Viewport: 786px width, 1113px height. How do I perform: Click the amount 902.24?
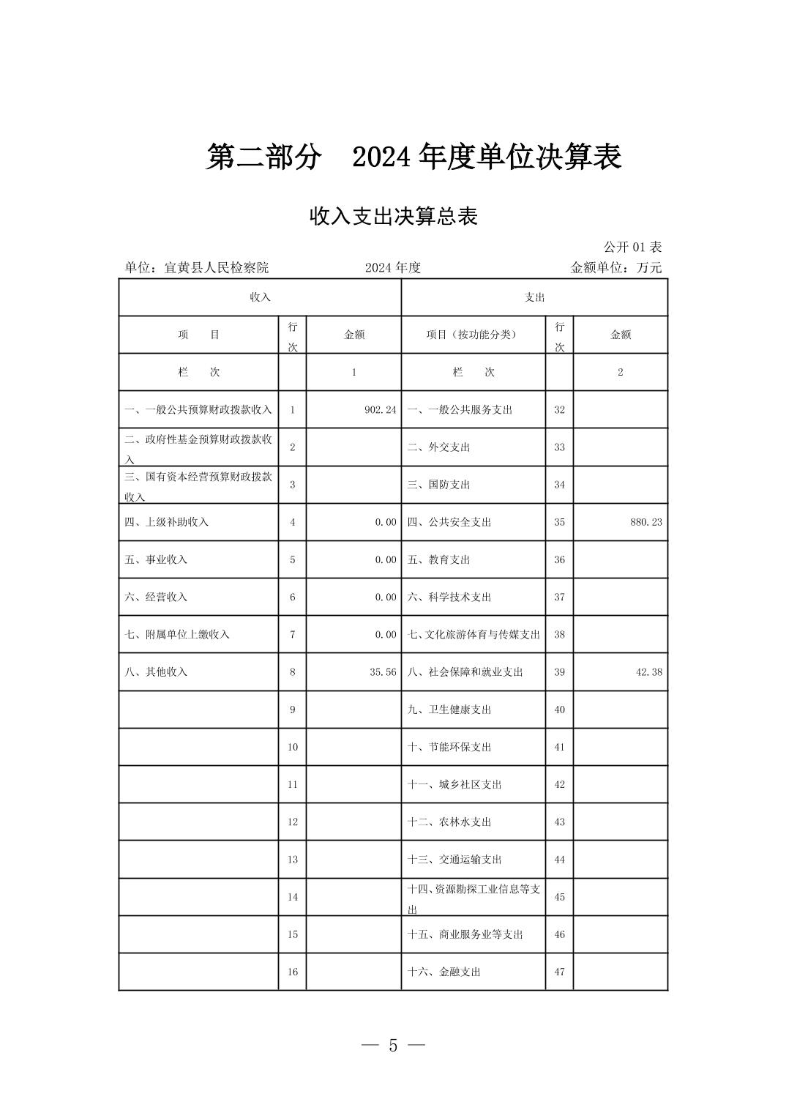(x=380, y=410)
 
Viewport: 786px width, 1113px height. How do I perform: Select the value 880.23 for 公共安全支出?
(x=646, y=522)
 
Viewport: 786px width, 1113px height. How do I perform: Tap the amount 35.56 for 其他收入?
(x=383, y=671)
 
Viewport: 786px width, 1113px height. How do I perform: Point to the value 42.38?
(x=649, y=671)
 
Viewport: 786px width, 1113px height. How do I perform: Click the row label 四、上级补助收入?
(x=167, y=522)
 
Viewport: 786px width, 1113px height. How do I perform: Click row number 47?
(x=559, y=972)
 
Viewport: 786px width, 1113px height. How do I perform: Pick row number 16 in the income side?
(x=292, y=972)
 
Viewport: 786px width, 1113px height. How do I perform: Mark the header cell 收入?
(x=261, y=297)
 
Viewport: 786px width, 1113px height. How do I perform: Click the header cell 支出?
(x=534, y=297)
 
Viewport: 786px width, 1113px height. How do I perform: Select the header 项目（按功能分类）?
(x=472, y=335)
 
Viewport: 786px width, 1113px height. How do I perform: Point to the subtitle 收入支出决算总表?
(x=394, y=217)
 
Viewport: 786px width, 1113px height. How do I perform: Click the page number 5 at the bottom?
(x=393, y=1046)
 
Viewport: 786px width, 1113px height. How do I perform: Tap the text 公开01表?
(x=632, y=247)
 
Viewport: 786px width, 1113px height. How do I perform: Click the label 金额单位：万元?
(x=615, y=268)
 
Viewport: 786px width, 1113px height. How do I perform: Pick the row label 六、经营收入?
(x=157, y=597)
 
